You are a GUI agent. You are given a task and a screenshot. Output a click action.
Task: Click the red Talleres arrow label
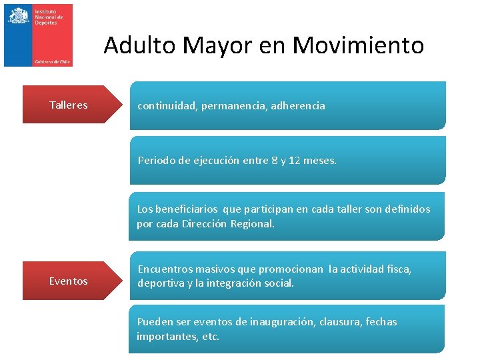pos(68,105)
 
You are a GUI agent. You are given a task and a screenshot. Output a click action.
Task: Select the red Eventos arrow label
pos(68,281)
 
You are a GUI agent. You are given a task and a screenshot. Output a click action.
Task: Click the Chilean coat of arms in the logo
pos(19,15)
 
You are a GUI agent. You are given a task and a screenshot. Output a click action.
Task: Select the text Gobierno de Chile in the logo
pos(53,61)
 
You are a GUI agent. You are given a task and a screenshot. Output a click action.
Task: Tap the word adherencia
pos(298,105)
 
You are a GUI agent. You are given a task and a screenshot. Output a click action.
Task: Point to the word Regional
pos(252,224)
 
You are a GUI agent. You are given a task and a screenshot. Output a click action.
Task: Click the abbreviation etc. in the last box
pos(210,337)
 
